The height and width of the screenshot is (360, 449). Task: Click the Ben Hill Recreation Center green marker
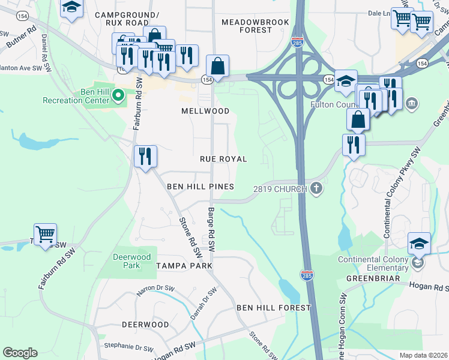click(x=118, y=95)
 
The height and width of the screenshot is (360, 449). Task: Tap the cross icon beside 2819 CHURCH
click(x=316, y=189)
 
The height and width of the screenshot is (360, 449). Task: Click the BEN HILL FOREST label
click(x=273, y=308)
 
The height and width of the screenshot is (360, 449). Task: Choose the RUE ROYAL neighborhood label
click(x=223, y=159)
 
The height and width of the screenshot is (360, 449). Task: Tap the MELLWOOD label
click(x=205, y=111)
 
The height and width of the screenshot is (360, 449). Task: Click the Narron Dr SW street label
click(x=138, y=290)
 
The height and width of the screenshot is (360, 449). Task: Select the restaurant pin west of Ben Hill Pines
click(x=145, y=157)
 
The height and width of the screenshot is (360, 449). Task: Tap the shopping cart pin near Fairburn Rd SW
click(x=45, y=234)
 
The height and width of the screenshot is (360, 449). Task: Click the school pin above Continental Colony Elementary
click(x=419, y=244)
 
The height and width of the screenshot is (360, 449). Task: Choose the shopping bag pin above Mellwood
click(x=217, y=67)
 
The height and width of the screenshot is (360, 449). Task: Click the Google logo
click(x=20, y=353)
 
